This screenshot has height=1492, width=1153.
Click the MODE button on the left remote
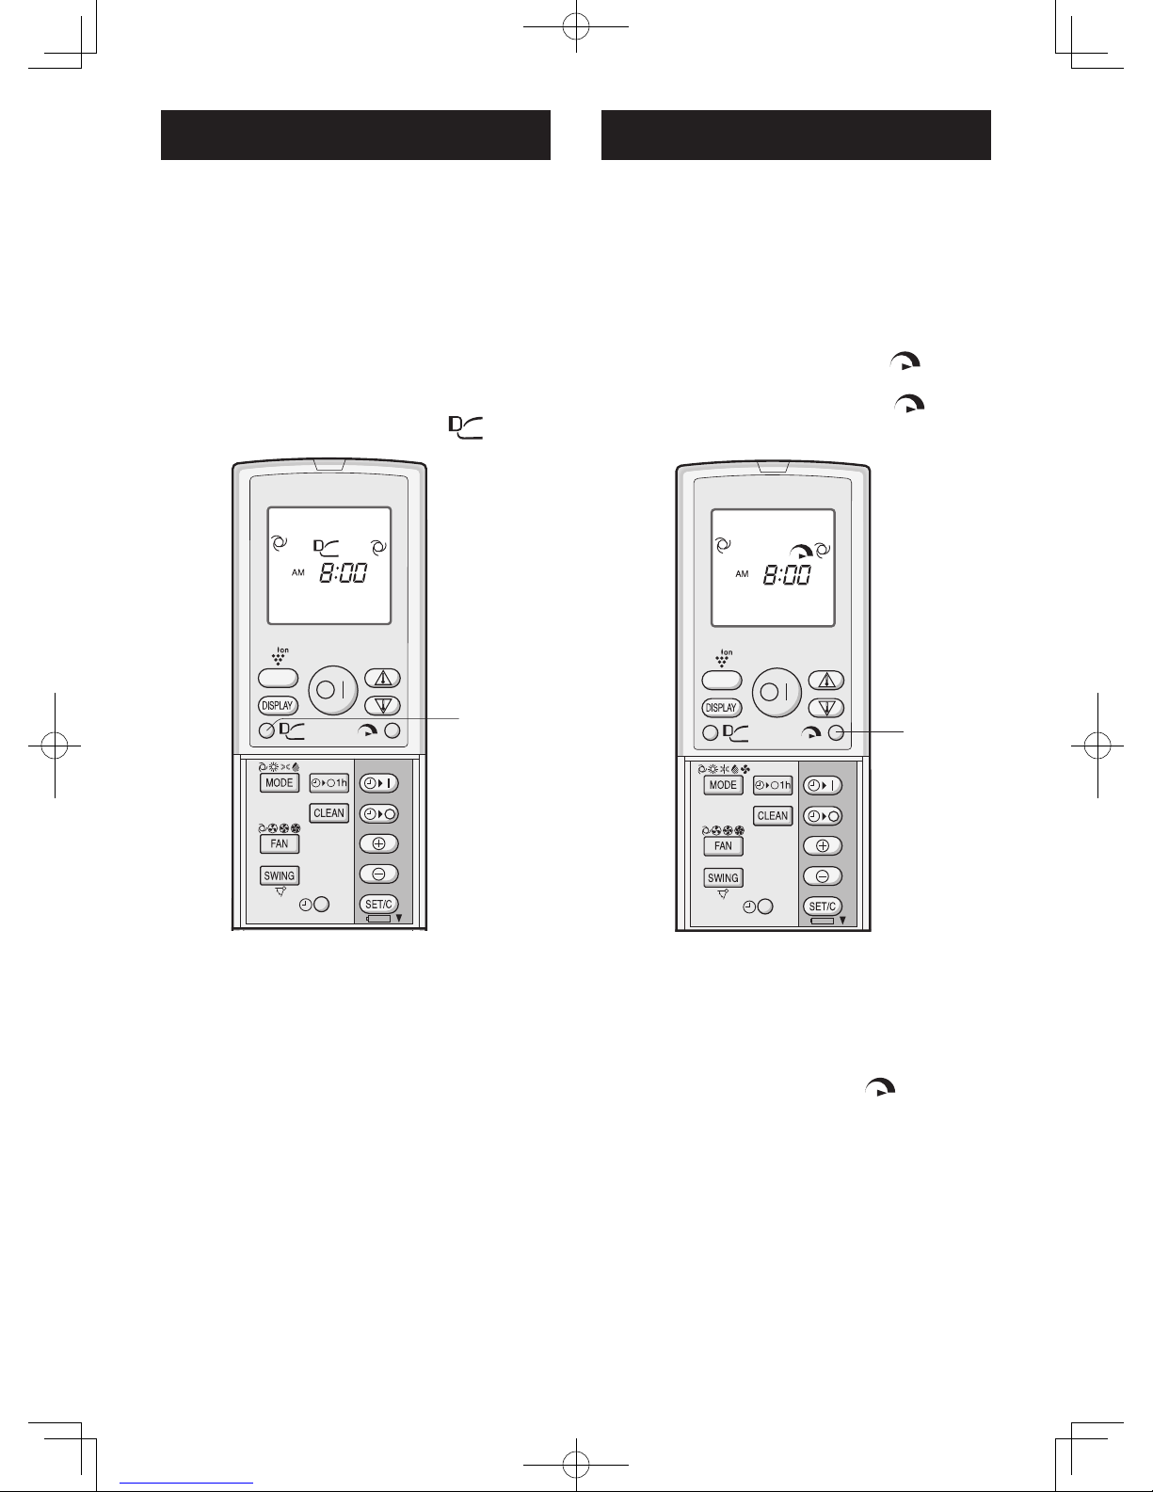coord(280,783)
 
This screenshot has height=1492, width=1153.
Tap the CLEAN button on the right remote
coord(772,816)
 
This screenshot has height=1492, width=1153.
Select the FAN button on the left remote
coord(280,843)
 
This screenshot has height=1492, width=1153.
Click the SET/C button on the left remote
coord(378,905)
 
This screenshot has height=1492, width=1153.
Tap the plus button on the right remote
coord(823,846)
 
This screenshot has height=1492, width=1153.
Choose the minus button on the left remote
coord(378,874)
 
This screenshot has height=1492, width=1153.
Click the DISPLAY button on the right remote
coord(721,708)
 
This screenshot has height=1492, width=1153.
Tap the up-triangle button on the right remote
coord(826,681)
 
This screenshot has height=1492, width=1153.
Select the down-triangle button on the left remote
coord(382,705)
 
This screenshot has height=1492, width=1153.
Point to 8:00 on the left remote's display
coord(344,572)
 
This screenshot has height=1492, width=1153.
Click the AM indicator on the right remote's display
coord(742,574)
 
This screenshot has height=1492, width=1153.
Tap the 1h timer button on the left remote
coord(328,783)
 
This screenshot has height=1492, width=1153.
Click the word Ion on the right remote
coord(727,652)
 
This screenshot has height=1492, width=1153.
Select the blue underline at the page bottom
coord(186,1483)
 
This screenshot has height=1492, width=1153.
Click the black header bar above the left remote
coord(356,136)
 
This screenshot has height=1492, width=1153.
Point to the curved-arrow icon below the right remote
coord(881,1087)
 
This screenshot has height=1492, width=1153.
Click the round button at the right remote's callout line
coord(836,733)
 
